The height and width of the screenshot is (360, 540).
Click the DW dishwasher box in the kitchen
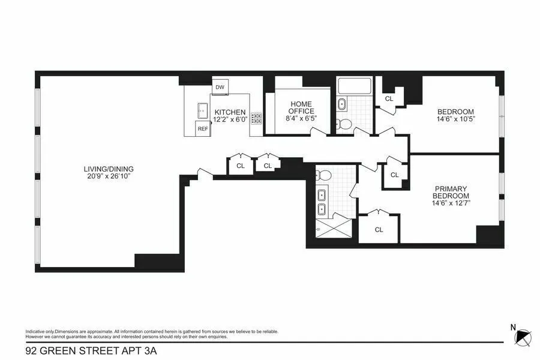tap(220, 87)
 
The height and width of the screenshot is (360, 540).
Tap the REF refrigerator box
tap(203, 128)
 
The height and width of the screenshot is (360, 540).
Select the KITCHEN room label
tap(230, 112)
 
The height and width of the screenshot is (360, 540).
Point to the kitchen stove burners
tap(257, 118)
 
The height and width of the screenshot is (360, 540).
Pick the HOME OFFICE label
tap(301, 108)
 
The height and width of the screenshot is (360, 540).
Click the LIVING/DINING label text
tap(109, 169)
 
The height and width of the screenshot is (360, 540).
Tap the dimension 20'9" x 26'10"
tap(109, 176)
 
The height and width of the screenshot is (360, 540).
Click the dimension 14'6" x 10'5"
tap(455, 119)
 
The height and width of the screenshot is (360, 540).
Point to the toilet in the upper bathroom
tap(344, 124)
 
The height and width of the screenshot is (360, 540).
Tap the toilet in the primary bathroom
tap(323, 175)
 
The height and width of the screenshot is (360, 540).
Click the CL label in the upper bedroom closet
tap(389, 98)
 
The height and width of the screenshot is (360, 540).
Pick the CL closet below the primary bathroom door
tap(379, 230)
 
